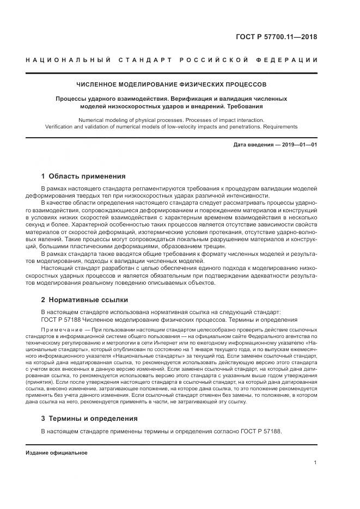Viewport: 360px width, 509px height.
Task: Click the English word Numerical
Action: click(x=94, y=119)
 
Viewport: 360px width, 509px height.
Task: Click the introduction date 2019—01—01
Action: click(x=299, y=145)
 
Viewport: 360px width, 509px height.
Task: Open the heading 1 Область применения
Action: click(x=83, y=176)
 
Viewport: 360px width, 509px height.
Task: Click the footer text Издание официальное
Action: click(x=56, y=453)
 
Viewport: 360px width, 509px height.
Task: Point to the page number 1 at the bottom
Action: click(x=315, y=463)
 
